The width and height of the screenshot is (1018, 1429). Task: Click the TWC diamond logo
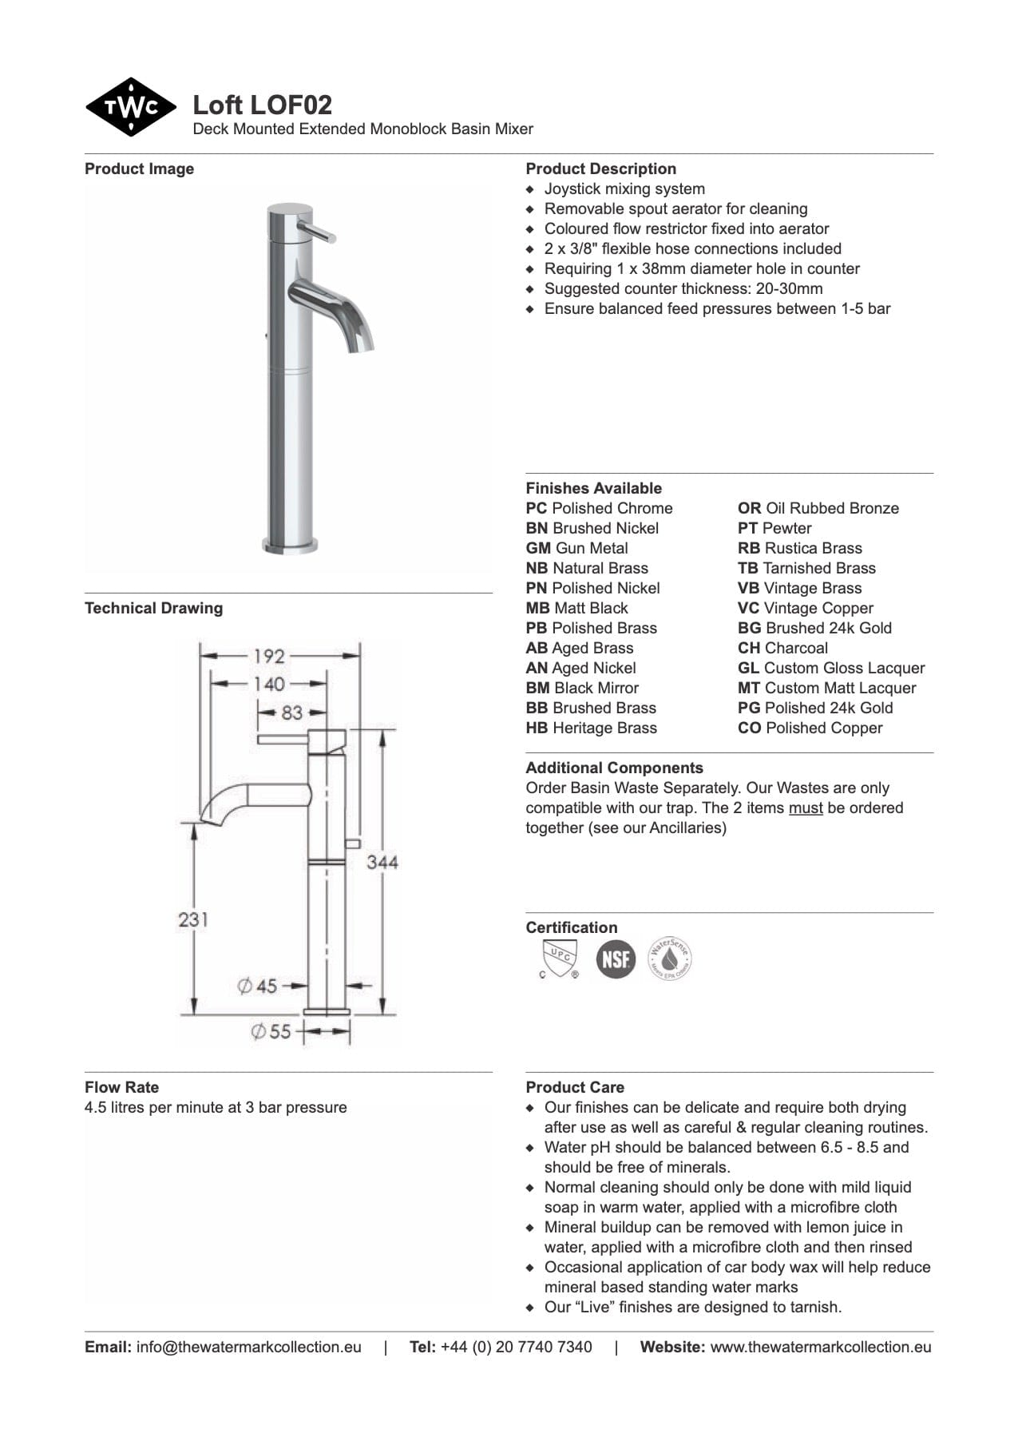(x=131, y=107)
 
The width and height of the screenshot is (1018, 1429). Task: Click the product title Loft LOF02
(x=262, y=105)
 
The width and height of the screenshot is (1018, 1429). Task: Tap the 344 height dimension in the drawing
(x=382, y=862)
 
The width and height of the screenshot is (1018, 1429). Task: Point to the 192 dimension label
(x=269, y=656)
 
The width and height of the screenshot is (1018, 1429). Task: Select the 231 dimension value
(x=193, y=919)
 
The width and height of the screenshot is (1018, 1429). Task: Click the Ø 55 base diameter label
(x=271, y=1031)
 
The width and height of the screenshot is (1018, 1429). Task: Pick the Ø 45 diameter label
(x=258, y=986)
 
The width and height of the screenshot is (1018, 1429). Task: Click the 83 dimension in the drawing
(x=291, y=712)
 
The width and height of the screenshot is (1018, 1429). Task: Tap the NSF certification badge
(x=616, y=959)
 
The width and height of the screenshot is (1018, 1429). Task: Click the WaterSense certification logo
(x=669, y=959)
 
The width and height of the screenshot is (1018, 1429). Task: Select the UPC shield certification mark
(x=559, y=959)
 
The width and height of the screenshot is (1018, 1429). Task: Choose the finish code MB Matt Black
(x=576, y=608)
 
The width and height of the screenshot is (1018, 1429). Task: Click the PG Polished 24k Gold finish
(x=814, y=708)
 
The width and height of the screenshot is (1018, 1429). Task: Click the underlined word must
(x=805, y=808)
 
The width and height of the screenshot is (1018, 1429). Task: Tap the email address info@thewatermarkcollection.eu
(x=248, y=1347)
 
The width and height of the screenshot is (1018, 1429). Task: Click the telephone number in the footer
(x=516, y=1347)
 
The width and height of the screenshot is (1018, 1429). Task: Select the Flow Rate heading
(x=121, y=1087)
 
